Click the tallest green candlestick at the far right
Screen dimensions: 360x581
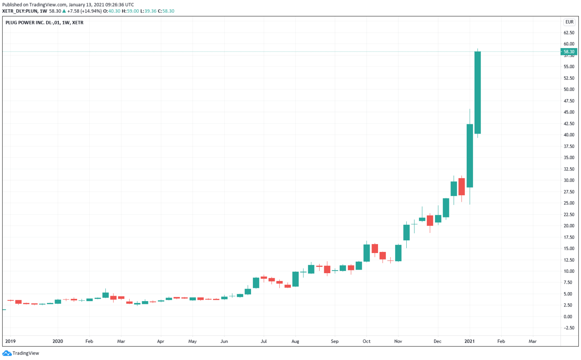[x=478, y=93]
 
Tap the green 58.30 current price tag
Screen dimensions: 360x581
[x=569, y=52]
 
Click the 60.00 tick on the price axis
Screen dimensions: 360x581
[x=569, y=44]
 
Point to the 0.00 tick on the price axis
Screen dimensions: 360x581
[x=568, y=317]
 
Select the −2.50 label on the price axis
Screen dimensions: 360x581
[x=569, y=328]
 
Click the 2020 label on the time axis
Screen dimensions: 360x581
[x=58, y=341]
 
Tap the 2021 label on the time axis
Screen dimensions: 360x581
[x=469, y=341]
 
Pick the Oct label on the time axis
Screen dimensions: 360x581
[x=366, y=341]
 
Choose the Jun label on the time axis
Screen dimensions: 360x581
[x=224, y=341]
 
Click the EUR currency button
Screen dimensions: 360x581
[x=569, y=22]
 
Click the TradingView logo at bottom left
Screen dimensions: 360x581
[x=21, y=353]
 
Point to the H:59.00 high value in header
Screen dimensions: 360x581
[x=130, y=11]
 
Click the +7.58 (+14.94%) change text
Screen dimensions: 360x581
[x=84, y=11]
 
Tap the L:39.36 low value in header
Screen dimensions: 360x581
[x=148, y=11]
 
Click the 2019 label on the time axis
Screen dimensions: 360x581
[x=10, y=341]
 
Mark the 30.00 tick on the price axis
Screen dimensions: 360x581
[x=569, y=180]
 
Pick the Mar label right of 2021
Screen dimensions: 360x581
[x=533, y=341]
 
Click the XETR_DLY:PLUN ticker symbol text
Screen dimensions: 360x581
[x=20, y=11]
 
